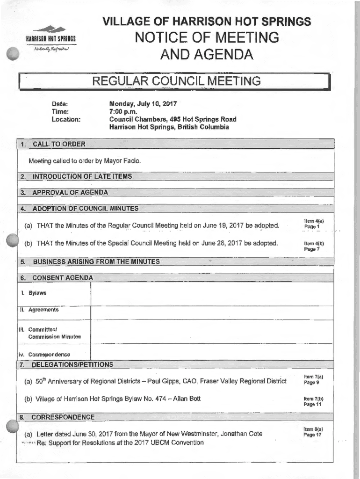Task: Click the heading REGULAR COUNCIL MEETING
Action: pyautogui.click(x=176, y=81)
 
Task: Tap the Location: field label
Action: pyautogui.click(x=66, y=119)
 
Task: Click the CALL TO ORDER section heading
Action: pyautogui.click(x=59, y=144)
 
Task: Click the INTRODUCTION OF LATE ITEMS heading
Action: pyautogui.click(x=82, y=176)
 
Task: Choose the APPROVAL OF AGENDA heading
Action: pyautogui.click(x=70, y=192)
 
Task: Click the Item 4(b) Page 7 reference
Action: pyautogui.click(x=314, y=246)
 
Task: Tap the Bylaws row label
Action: pyautogui.click(x=37, y=293)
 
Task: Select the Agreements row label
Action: pyautogui.click(x=43, y=310)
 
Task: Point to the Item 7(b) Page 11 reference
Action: pyautogui.click(x=314, y=401)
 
